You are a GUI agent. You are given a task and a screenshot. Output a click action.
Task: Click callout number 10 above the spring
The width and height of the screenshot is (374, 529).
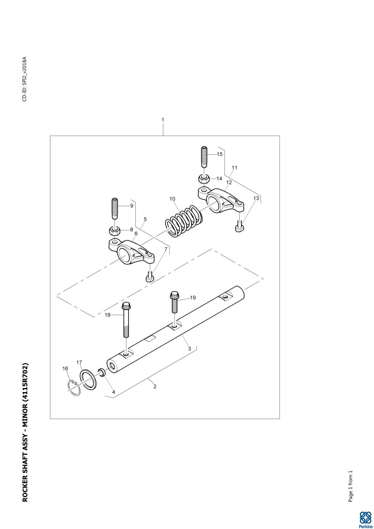coord(172,199)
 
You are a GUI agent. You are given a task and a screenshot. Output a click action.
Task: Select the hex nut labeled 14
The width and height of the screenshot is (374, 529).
coord(204,179)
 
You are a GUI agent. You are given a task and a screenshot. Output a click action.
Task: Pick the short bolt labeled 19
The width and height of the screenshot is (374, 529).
coord(174,302)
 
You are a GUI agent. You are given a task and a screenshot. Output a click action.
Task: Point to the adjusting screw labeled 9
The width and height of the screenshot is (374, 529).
coord(114,208)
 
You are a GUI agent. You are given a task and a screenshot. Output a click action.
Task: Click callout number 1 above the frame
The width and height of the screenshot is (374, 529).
coord(163,120)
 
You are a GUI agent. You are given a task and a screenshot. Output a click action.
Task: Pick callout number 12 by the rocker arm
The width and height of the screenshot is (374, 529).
coord(229,182)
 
